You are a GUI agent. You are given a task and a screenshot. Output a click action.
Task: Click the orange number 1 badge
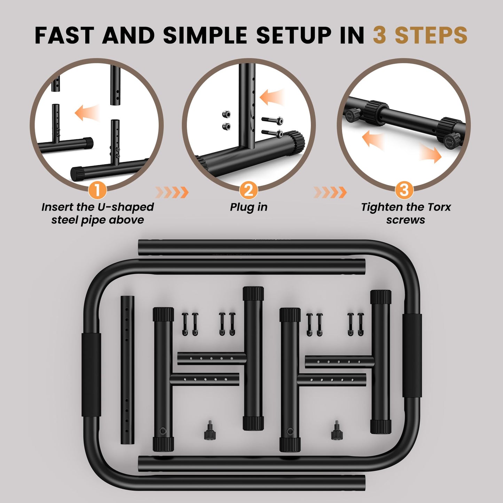coord(97,190)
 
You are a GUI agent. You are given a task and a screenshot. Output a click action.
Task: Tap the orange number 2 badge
coord(249,190)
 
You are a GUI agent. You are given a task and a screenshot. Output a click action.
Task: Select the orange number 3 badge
coord(404,190)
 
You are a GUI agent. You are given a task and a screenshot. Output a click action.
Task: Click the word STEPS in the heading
coord(431,35)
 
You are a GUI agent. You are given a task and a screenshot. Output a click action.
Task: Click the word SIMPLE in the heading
coord(205,35)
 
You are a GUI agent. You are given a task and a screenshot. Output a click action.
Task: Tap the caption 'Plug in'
coord(249,207)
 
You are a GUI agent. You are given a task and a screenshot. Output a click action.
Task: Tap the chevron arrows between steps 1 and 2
coord(172,192)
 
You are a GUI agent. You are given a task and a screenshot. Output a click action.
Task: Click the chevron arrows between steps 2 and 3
coord(330,192)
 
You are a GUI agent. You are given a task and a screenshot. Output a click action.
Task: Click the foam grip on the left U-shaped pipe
coord(91,375)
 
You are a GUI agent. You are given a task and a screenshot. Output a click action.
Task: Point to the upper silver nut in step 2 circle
coord(226,114)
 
